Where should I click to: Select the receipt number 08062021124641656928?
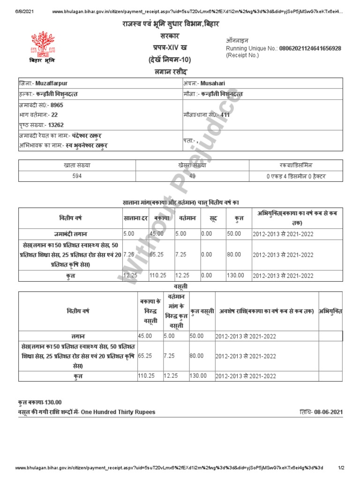coord(310,48)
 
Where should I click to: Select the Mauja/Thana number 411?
coord(225,114)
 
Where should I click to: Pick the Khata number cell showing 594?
coord(77,176)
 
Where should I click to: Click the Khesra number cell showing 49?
coord(192,176)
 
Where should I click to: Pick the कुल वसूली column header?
coord(202,311)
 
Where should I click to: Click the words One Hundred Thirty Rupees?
coord(118,412)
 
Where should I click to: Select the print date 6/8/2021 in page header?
coord(25,11)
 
